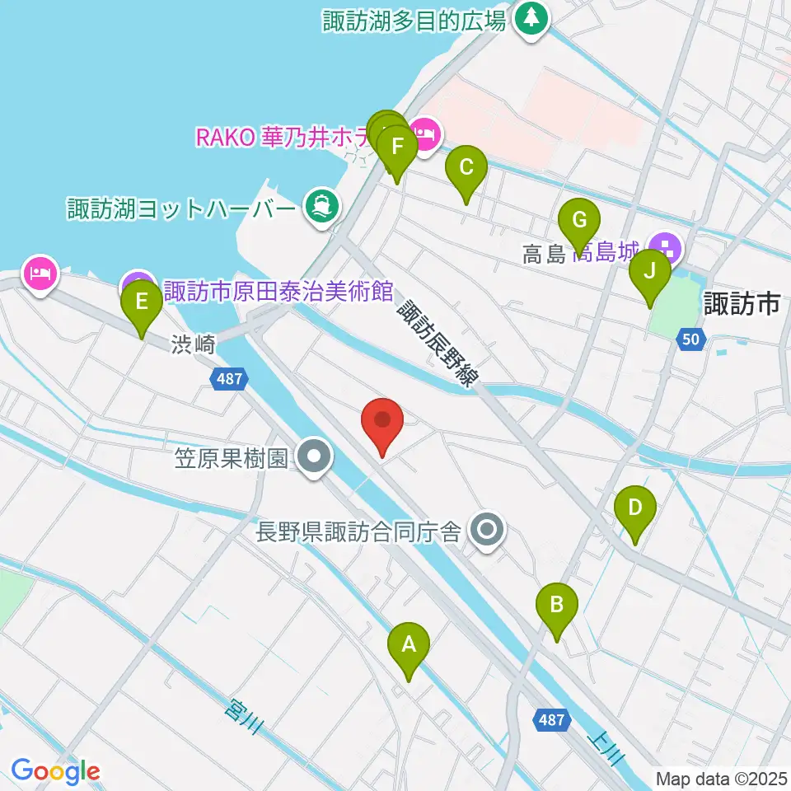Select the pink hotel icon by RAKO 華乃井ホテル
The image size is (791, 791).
(425, 132)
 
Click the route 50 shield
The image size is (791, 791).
(693, 338)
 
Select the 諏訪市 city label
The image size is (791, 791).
(742, 305)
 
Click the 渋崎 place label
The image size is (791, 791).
(194, 344)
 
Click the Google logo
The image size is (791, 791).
(55, 771)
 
